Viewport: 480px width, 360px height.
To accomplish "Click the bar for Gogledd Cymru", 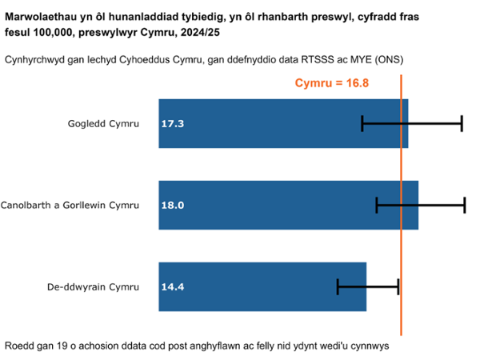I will [x=264, y=123].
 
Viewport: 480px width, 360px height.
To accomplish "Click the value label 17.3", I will [x=173, y=124].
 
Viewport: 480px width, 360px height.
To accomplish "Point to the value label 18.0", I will [x=173, y=206].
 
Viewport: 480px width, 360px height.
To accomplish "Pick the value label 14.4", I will [x=173, y=286].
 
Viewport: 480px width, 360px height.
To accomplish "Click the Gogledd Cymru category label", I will [x=104, y=124].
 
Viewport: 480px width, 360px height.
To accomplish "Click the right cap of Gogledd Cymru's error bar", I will [x=462, y=123].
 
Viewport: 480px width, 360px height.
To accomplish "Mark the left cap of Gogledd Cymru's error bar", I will [x=362, y=123].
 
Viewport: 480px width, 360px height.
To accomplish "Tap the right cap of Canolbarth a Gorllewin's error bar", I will [x=465, y=206].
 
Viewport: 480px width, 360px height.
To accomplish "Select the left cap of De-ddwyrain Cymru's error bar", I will [x=338, y=286].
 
